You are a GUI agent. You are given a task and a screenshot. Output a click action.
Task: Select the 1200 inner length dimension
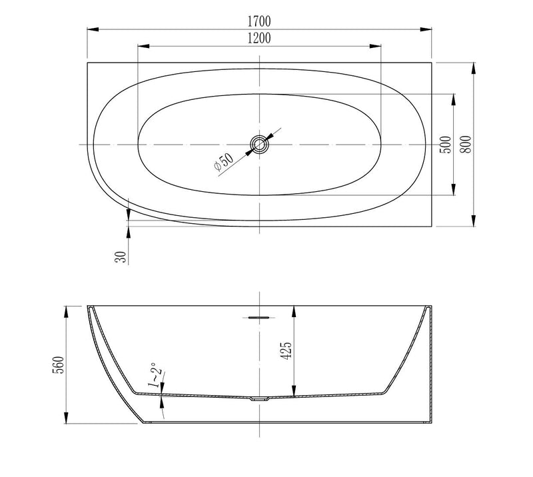click(259, 38)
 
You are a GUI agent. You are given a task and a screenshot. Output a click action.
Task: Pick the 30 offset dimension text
click(121, 256)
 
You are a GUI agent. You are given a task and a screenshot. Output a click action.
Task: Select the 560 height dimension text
click(58, 365)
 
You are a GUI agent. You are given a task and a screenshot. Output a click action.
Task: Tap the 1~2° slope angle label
click(155, 375)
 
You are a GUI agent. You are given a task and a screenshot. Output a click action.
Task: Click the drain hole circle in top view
click(259, 145)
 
